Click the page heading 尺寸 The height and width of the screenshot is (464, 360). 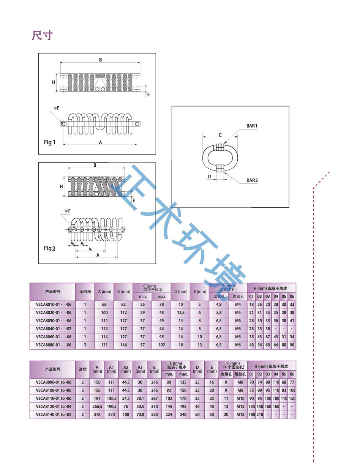click(42, 36)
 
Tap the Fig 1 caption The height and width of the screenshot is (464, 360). click(50, 142)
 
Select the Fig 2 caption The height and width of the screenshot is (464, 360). click(50, 248)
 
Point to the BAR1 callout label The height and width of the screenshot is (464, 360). click(252, 126)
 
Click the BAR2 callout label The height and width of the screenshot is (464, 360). click(252, 180)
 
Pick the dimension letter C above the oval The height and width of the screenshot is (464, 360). click(220, 135)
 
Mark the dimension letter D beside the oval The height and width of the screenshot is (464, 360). click(209, 176)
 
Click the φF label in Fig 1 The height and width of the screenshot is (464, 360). click(56, 108)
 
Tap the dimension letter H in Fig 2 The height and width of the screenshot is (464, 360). click(61, 187)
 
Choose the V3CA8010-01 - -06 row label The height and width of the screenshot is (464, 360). click(53, 304)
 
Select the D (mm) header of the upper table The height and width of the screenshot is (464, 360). click(180, 292)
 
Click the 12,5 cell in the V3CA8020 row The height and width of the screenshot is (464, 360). click(180, 312)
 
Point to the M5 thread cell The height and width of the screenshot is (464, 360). click(238, 312)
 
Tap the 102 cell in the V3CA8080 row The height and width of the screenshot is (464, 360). click(161, 345)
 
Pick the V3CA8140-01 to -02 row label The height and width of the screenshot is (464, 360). click(53, 415)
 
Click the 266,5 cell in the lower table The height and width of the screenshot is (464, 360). click(97, 407)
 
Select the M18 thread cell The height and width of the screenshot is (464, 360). click(240, 415)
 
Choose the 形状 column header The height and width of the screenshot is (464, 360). click(82, 369)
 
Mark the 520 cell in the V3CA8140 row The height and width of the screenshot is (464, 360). click(154, 415)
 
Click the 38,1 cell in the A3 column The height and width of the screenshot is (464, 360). click(140, 399)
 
